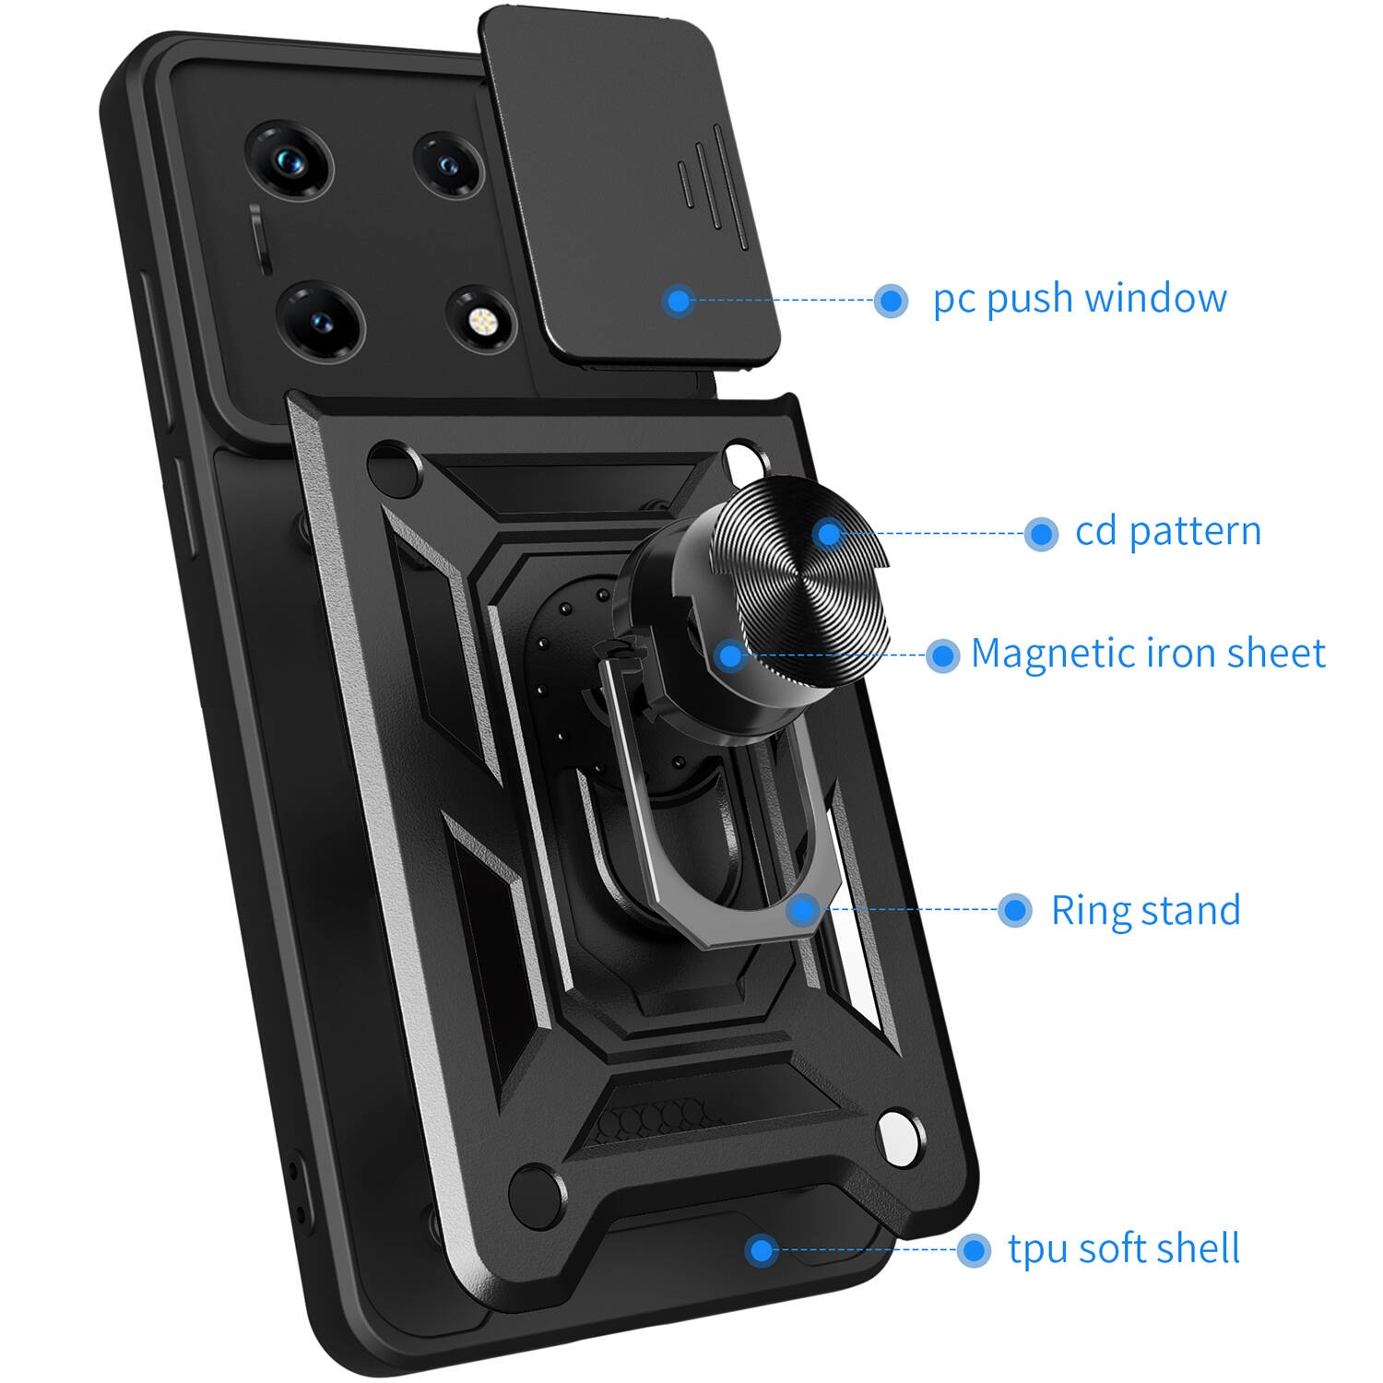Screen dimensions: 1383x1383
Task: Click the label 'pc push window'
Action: (x=1080, y=300)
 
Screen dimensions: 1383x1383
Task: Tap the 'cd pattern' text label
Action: (x=1168, y=532)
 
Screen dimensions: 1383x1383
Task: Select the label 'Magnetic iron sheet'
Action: (x=1148, y=654)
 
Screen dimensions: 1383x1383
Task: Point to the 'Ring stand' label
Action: (x=1145, y=910)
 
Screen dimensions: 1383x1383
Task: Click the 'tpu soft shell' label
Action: (x=1124, y=1249)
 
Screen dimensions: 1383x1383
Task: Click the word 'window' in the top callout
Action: (x=1156, y=298)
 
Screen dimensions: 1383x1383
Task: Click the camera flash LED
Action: (x=480, y=321)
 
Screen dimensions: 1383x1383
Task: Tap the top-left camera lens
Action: (x=288, y=162)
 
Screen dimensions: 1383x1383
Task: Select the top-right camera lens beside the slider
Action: (x=448, y=164)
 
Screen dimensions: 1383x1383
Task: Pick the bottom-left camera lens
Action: (x=321, y=323)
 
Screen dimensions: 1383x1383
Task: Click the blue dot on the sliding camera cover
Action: (x=679, y=300)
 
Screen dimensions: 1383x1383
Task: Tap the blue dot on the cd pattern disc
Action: (x=829, y=533)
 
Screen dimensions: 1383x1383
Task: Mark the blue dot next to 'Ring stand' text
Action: (x=1014, y=910)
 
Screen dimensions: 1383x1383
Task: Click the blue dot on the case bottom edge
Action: (x=761, y=1250)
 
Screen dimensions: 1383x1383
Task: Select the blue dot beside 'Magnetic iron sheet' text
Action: (x=942, y=656)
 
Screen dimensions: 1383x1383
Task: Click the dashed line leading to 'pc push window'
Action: (x=784, y=300)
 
